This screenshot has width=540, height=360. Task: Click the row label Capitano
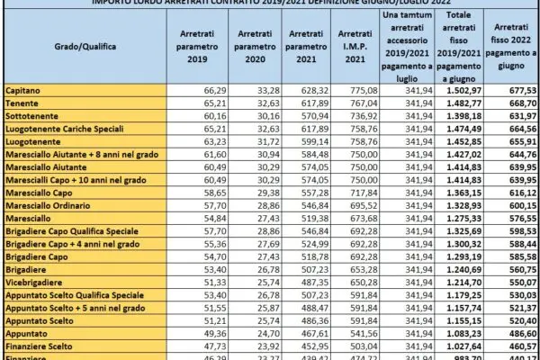(22, 92)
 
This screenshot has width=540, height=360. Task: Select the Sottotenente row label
(31, 117)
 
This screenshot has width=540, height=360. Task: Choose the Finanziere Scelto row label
(40, 344)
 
